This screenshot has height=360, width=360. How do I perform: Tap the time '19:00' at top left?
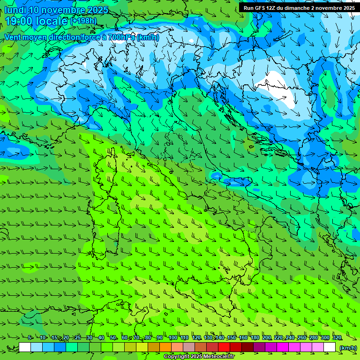click(19, 21)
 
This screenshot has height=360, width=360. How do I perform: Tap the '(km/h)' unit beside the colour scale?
click(348, 348)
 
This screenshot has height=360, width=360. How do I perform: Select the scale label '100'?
click(172, 338)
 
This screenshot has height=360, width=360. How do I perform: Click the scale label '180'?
click(255, 338)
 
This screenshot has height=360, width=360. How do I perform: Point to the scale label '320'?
click(337, 338)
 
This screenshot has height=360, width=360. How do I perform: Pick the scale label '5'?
click(30, 338)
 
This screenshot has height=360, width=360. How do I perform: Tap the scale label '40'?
click(101, 338)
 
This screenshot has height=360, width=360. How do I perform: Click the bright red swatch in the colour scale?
click(224, 347)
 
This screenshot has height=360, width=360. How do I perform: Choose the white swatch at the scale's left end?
click(25, 347)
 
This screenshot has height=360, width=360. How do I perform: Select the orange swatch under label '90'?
click(165, 347)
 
